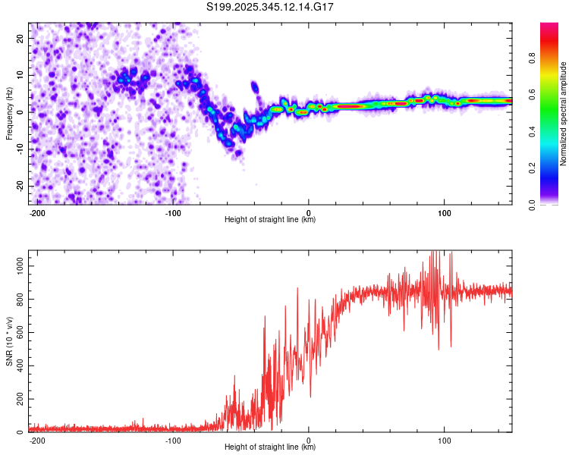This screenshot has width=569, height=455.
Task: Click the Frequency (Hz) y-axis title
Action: tap(9, 113)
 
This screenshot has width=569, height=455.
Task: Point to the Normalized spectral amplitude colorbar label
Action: tap(564, 114)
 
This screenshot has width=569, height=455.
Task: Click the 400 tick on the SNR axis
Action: tap(18, 366)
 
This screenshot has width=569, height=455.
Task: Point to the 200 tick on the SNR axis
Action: tap(18, 399)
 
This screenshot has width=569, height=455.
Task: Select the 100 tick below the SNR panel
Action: tap(444, 439)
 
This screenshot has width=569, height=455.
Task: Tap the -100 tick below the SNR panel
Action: tap(173, 439)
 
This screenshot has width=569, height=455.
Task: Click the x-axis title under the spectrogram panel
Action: tap(271, 220)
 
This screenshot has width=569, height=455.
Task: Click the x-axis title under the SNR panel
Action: tap(271, 447)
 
